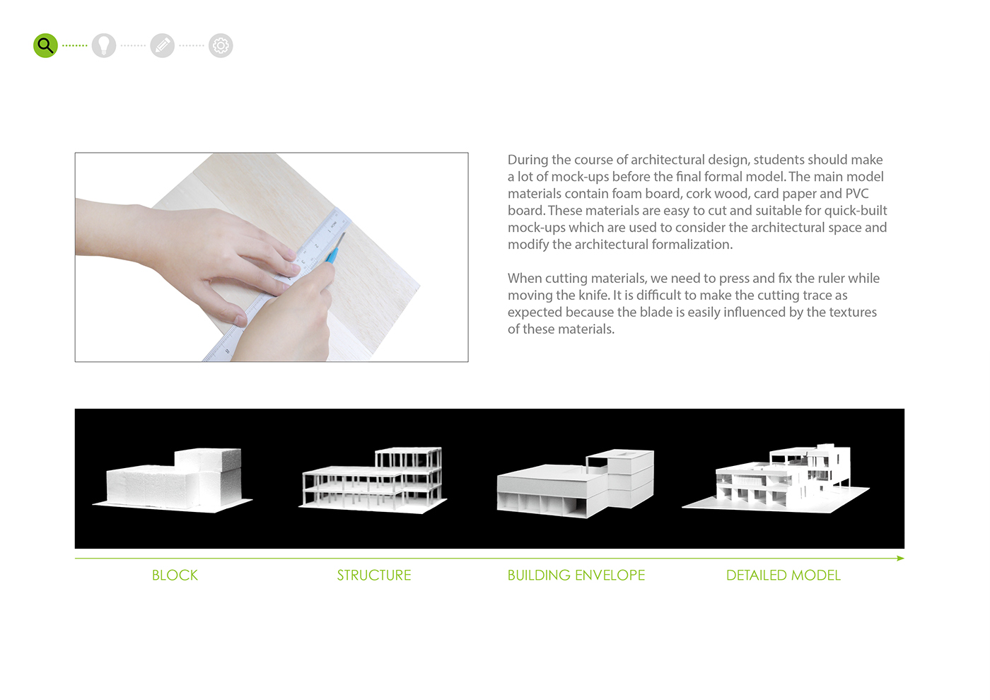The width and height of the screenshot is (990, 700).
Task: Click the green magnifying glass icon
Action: [x=45, y=46]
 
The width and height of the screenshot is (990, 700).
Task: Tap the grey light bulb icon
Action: [x=104, y=46]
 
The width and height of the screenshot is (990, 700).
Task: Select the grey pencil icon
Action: [x=162, y=46]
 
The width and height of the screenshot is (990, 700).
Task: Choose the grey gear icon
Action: [x=221, y=46]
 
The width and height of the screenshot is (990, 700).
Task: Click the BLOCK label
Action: [x=175, y=576]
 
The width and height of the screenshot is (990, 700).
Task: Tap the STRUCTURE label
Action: [x=373, y=576]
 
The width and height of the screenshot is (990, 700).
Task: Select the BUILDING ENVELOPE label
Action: [x=576, y=576]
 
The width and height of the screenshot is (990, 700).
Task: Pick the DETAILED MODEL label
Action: [x=783, y=576]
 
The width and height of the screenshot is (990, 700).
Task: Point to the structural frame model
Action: [x=373, y=478]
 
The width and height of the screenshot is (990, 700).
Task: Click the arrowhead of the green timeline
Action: [x=900, y=559]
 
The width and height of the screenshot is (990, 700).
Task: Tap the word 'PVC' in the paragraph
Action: [x=856, y=194]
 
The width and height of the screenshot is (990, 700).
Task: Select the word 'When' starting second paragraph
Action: [x=524, y=279]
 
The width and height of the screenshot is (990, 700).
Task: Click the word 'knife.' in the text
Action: [x=594, y=296]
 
